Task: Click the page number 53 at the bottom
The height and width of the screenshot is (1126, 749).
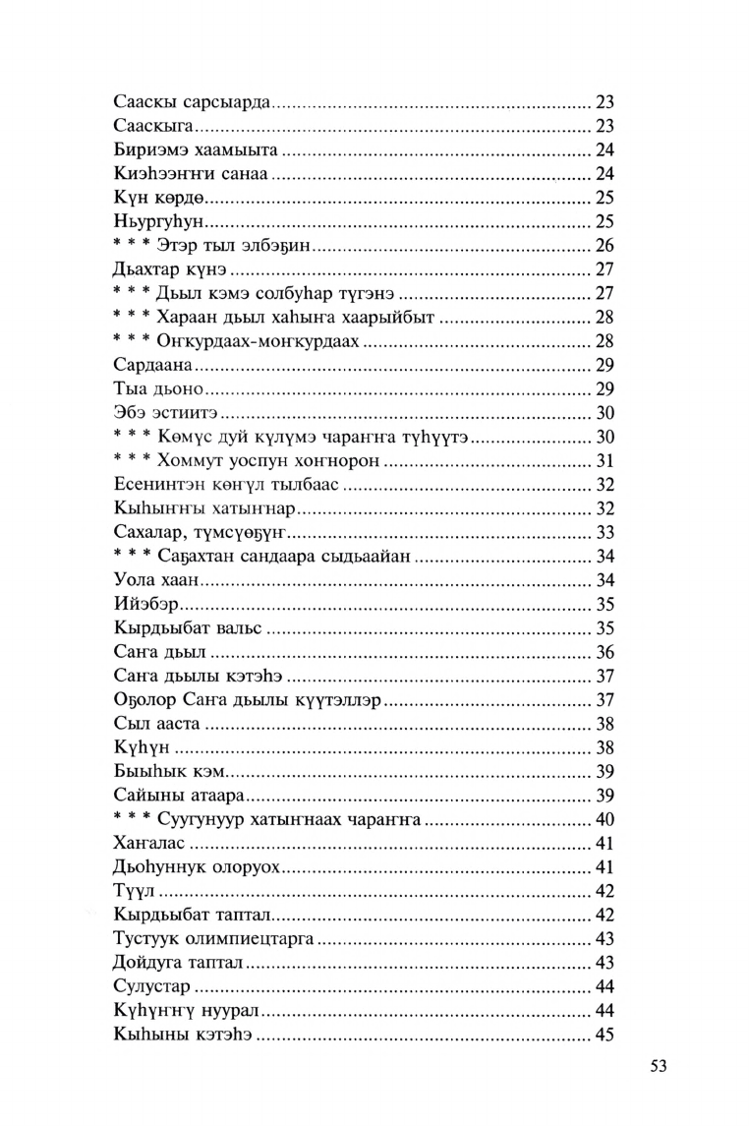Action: tap(658, 1066)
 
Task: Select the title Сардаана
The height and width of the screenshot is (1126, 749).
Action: tap(151, 364)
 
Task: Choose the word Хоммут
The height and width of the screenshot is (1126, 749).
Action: tap(179, 460)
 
